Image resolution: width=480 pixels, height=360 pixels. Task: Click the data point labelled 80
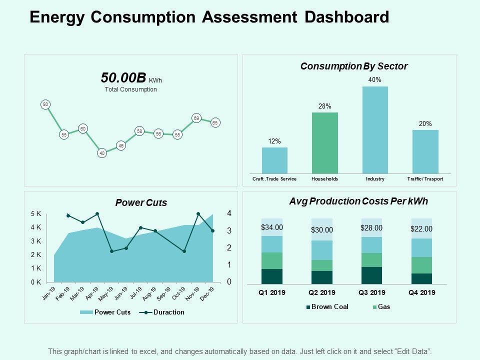point(45,104)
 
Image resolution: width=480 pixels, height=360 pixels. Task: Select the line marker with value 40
point(102,153)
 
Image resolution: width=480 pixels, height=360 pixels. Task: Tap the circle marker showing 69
point(196,118)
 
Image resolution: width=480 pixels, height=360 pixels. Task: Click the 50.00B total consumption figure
point(123,78)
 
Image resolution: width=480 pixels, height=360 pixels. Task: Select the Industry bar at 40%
point(375,130)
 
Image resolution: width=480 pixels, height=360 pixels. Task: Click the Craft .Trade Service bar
point(274,160)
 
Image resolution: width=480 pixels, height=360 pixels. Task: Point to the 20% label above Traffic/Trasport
point(425,124)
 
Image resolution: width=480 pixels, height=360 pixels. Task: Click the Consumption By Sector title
point(354,66)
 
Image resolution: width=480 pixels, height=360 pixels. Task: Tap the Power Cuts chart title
point(141,203)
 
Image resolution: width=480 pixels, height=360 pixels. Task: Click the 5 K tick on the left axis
point(36,214)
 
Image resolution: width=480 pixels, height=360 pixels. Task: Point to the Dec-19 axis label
point(207,294)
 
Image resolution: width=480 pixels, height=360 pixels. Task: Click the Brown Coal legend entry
point(327,307)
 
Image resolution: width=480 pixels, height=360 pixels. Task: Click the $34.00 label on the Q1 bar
point(272,227)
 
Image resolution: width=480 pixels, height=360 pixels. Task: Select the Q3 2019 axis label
point(371,292)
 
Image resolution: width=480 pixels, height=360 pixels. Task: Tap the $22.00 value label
point(421,229)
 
